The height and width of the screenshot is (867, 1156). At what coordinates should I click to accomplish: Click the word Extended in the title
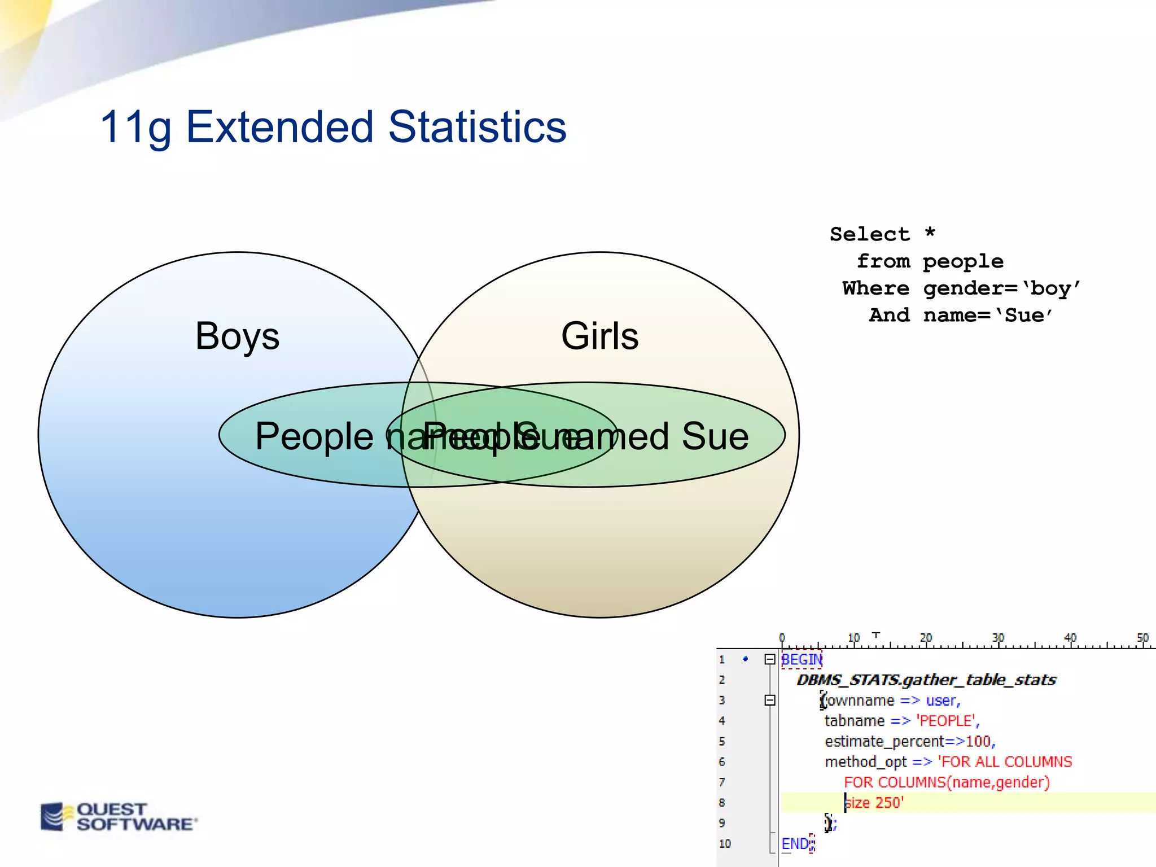point(279,126)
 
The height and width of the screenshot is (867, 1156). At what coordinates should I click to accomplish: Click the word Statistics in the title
point(477,126)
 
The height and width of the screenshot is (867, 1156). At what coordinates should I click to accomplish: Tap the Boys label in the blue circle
point(237,336)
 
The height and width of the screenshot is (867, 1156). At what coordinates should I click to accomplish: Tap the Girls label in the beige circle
point(599,336)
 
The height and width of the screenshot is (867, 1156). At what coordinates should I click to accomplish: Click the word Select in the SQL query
point(869,234)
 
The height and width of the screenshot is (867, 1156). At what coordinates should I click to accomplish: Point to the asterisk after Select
point(930,233)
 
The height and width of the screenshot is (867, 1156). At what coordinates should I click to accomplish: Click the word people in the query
point(963,262)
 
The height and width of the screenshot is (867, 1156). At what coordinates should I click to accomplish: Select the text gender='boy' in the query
point(1001,289)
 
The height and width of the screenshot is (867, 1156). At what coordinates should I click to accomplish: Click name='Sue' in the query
point(988,316)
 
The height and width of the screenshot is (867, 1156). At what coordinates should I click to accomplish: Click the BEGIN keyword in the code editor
point(802,659)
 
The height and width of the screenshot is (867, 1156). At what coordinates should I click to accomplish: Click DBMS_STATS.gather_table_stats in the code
point(926,680)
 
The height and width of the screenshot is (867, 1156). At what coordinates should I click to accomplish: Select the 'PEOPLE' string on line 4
point(947,721)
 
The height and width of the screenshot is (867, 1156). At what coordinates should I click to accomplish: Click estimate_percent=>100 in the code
point(909,741)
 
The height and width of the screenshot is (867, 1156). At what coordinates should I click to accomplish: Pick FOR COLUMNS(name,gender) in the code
point(947,782)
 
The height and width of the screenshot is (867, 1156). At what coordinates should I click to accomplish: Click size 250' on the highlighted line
point(874,803)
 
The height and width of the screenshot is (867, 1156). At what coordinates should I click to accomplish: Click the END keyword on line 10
point(795,844)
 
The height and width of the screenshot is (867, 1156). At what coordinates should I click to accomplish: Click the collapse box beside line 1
point(769,659)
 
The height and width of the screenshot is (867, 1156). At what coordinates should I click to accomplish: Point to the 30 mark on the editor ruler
point(998,638)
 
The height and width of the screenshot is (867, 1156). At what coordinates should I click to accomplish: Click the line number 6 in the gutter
point(722,762)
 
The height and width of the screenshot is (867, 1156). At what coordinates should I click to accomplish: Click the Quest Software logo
point(119,817)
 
